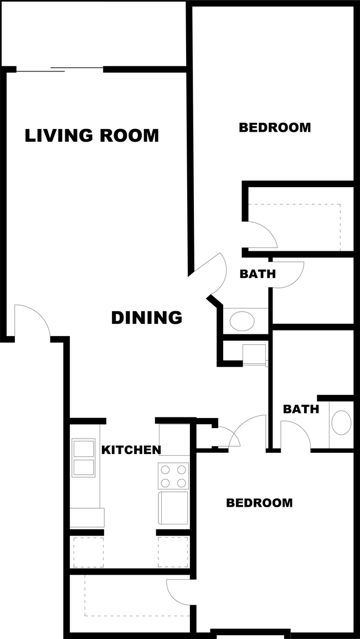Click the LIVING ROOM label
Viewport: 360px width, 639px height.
pos(92,136)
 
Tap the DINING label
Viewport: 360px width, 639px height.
pos(147,318)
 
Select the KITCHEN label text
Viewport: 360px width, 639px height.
pos(131,450)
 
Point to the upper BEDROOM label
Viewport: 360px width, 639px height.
pos(275,127)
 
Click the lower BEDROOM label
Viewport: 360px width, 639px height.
pos(259,503)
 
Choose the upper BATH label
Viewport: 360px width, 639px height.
pos(258,274)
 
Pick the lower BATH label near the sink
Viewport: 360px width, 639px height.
pos(301,409)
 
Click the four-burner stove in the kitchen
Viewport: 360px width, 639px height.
pos(173,476)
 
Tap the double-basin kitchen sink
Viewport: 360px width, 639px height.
pos(84,457)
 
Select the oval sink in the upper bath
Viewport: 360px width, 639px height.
pos(242,321)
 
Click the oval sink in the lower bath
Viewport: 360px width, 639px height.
pos(341,422)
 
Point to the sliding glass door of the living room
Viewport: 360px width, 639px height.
pos(59,69)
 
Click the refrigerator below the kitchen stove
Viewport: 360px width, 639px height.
pos(173,508)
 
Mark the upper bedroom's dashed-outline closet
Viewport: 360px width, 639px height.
pos(294,227)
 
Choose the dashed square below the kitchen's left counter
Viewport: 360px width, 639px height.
pos(88,552)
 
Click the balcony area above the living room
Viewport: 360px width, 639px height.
pos(94,33)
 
